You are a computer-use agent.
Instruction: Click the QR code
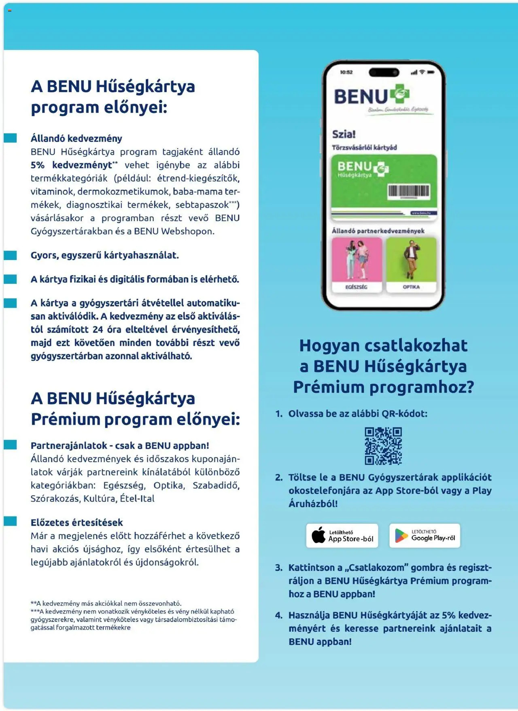[383, 446]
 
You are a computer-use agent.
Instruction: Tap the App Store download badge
[342, 535]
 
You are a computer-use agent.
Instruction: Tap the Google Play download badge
[425, 535]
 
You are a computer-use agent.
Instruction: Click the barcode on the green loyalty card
[409, 191]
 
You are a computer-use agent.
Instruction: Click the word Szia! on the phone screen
[344, 134]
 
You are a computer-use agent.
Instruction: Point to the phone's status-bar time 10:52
[346, 72]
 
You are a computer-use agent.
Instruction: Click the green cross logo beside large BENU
[400, 94]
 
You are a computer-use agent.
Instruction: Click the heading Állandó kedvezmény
[76, 138]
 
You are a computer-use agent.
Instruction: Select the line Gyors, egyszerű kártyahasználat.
[104, 255]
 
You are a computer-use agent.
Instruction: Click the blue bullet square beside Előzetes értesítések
[11, 521]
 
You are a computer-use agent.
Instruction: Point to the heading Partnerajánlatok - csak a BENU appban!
[120, 445]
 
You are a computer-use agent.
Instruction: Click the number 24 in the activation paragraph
[98, 329]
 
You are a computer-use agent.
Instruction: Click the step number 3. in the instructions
[279, 567]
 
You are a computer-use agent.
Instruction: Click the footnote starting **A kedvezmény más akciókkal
[106, 603]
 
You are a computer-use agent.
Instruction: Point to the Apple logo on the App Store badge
[318, 535]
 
